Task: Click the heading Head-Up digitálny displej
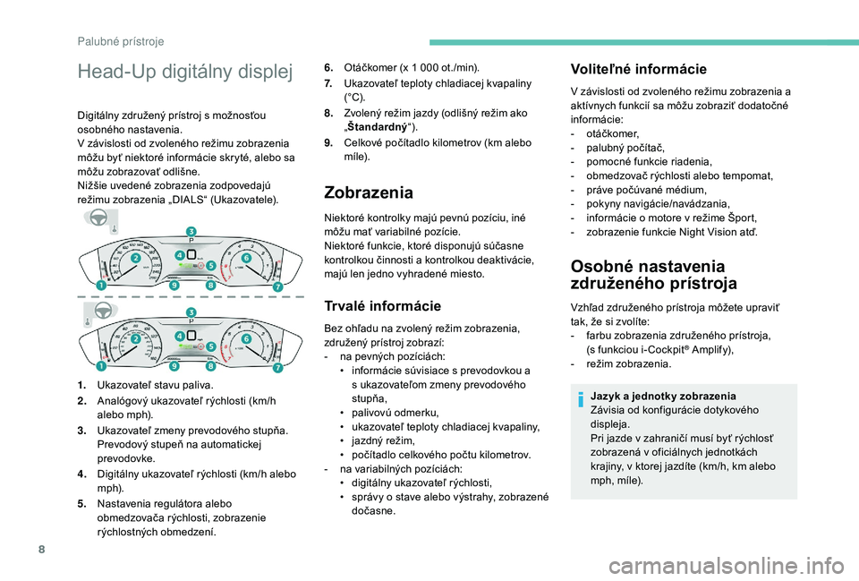(x=185, y=72)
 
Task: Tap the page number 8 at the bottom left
(x=42, y=549)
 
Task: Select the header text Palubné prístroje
(x=121, y=42)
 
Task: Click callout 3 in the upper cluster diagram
(x=191, y=231)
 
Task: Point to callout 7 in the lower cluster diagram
(x=277, y=367)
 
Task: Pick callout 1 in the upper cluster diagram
(x=101, y=285)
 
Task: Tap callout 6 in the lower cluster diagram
(x=247, y=338)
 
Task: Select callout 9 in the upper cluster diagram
(x=174, y=285)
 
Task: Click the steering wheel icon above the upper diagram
(x=99, y=218)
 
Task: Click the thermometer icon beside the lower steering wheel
(x=88, y=320)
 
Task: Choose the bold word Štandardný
(x=378, y=127)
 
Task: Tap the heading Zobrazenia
(x=369, y=192)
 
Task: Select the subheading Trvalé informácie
(x=382, y=306)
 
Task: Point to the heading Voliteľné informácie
(x=638, y=69)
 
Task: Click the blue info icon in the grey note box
(x=581, y=399)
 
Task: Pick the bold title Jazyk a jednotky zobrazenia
(x=663, y=396)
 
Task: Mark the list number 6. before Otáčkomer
(x=328, y=68)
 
